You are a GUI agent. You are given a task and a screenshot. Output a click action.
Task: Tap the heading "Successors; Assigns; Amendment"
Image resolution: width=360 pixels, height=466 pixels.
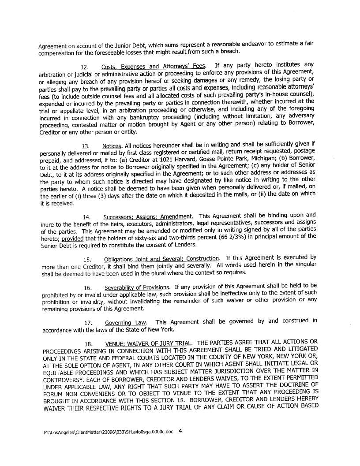pos(147,217)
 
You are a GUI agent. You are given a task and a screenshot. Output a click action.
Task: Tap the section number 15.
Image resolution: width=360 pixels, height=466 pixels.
pos(87,259)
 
